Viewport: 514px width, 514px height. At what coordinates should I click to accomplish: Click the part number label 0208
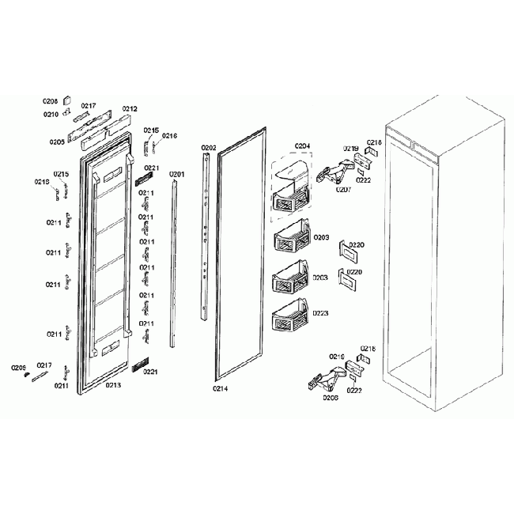(51, 101)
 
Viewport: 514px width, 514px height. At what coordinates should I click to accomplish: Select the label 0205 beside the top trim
(57, 142)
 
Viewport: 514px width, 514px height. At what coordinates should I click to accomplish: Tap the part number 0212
(129, 109)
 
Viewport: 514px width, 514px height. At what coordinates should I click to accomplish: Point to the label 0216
(170, 136)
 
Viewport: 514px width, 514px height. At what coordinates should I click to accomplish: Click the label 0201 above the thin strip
(176, 174)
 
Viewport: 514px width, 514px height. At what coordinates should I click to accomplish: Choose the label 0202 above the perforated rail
(209, 148)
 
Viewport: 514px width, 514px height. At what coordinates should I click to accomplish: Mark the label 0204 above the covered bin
(303, 146)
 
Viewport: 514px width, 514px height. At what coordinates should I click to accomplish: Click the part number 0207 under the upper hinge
(344, 190)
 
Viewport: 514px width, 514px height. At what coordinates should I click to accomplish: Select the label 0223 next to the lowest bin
(320, 313)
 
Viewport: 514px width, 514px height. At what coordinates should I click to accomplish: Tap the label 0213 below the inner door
(113, 385)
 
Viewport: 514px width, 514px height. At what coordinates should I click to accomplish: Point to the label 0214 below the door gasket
(221, 389)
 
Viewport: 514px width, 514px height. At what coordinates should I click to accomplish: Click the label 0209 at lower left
(19, 367)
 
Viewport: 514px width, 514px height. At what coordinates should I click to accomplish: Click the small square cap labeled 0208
(67, 101)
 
